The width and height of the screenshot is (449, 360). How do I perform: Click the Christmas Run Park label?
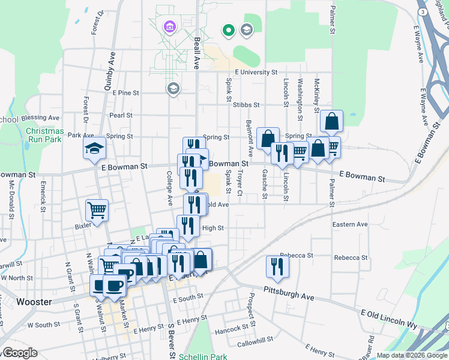click(x=44, y=135)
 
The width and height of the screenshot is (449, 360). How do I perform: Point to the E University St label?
click(x=256, y=72)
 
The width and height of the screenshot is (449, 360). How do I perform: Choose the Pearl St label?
click(x=121, y=115)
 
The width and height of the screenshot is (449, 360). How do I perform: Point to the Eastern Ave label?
click(x=350, y=224)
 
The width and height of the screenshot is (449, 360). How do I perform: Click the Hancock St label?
click(x=232, y=329)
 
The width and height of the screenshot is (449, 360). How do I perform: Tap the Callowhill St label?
click(x=255, y=343)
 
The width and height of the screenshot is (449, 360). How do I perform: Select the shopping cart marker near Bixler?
click(x=97, y=210)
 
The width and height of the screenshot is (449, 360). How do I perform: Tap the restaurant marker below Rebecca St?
click(x=277, y=266)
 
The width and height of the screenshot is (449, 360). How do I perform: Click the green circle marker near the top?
click(x=228, y=29)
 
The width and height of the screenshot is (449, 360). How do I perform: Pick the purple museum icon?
click(x=169, y=26)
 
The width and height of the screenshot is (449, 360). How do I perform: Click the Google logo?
click(x=19, y=353)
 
